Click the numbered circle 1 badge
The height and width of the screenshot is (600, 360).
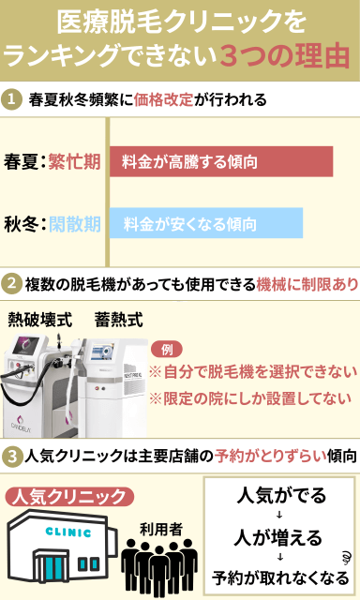point(14,98)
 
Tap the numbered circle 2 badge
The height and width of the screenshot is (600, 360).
point(14,282)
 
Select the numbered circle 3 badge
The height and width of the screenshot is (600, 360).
point(14,457)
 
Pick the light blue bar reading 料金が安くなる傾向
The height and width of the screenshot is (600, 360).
point(205,223)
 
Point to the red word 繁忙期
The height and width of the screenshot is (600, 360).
point(75,161)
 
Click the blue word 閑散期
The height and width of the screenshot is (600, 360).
point(75,224)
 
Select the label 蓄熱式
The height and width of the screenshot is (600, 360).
point(119,319)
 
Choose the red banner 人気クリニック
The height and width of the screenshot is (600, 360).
point(66,494)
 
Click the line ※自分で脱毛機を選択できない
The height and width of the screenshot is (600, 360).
point(253,370)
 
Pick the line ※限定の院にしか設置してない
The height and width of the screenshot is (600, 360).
point(251,397)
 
